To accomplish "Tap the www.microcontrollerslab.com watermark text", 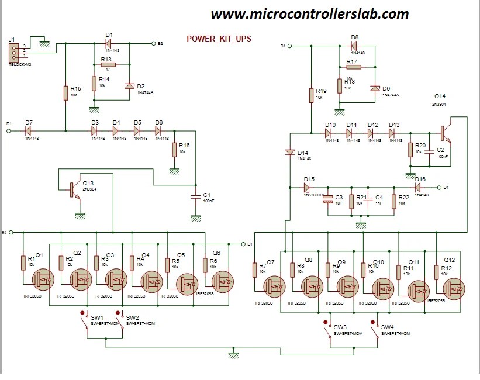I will [x=309, y=13].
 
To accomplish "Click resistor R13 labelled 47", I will [x=108, y=65].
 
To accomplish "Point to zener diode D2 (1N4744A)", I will [x=129, y=87].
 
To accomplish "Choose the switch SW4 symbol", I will [x=376, y=330].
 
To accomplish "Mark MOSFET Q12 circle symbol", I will [x=454, y=288].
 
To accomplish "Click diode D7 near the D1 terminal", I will [x=28, y=131].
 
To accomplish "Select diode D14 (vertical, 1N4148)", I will [x=289, y=153].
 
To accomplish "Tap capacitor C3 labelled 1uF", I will [x=328, y=201].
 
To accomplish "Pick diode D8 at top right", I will [x=354, y=44].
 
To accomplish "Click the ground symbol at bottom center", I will [x=234, y=354].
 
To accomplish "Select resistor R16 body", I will [x=174, y=150].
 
